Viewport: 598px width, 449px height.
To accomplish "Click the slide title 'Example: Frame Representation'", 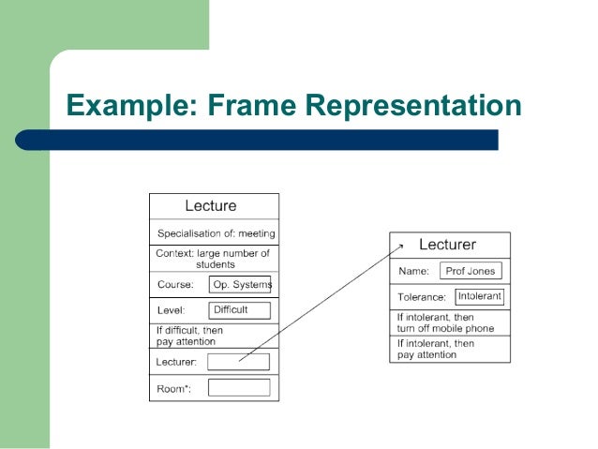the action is (x=292, y=105).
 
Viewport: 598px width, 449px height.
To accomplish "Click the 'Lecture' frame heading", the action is (x=211, y=206).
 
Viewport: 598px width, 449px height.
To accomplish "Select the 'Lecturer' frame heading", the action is (x=447, y=245).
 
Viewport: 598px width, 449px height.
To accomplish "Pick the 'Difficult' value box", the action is (x=239, y=310).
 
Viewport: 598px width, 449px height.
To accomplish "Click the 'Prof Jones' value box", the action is (x=471, y=271).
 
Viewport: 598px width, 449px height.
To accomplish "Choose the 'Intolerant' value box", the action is (x=480, y=296).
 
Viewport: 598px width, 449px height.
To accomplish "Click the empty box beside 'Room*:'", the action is (x=239, y=387).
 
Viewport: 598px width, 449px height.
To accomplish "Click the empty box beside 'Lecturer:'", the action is (x=238, y=362).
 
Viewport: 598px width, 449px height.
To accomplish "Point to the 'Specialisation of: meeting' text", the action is (x=216, y=233).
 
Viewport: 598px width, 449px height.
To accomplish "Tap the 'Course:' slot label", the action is (x=175, y=285).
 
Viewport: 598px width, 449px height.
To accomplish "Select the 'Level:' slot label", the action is (x=172, y=310).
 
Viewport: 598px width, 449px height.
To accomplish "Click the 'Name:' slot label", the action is (x=413, y=272).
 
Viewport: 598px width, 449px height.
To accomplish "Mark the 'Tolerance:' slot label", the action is (x=421, y=297).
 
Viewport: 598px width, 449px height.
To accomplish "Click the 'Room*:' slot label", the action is (x=174, y=388).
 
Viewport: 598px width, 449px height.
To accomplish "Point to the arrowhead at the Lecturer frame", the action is (x=401, y=246).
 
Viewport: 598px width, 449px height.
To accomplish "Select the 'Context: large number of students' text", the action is (x=214, y=259).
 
